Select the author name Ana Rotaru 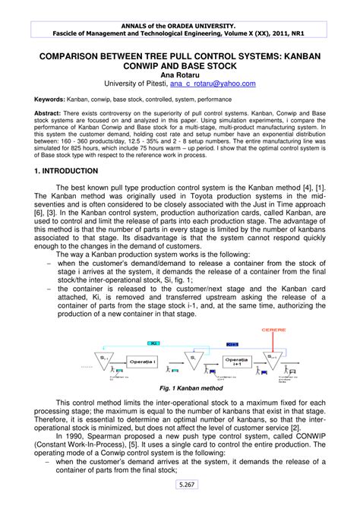pyautogui.click(x=180, y=74)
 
